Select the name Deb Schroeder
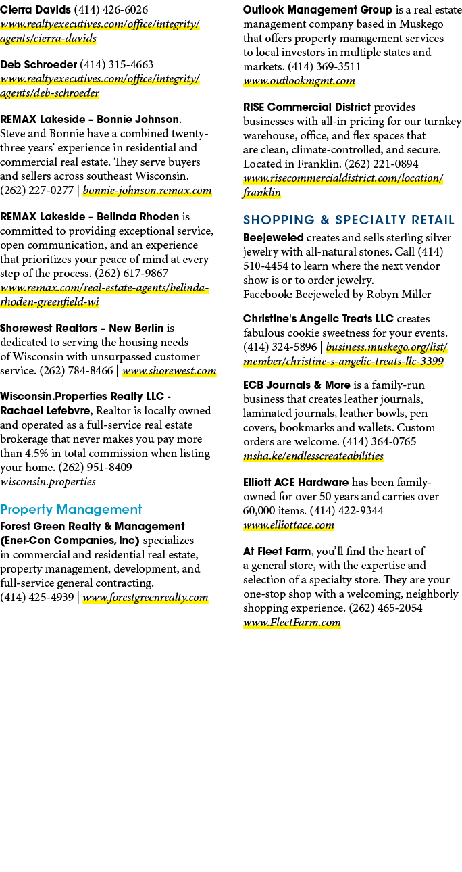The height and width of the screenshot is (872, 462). pyautogui.click(x=38, y=65)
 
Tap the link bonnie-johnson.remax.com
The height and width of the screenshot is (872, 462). pyautogui.click(x=147, y=191)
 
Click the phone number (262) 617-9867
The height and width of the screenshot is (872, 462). pyautogui.click(x=132, y=274)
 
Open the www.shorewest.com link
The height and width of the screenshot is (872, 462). pyautogui.click(x=169, y=371)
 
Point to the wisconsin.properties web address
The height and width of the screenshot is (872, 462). pyautogui.click(x=48, y=482)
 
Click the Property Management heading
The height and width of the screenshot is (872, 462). pyautogui.click(x=71, y=510)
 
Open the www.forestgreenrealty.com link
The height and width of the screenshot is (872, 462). pyautogui.click(x=145, y=598)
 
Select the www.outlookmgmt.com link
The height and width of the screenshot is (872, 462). pyautogui.click(x=299, y=81)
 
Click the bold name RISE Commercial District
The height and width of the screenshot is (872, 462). pyautogui.click(x=307, y=107)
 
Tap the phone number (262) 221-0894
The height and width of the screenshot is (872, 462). pyautogui.click(x=382, y=164)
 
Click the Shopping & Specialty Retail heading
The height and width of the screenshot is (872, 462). pyautogui.click(x=349, y=220)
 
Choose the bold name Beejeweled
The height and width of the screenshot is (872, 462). pyautogui.click(x=273, y=237)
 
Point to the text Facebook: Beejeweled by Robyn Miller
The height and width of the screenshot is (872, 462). pyautogui.click(x=337, y=295)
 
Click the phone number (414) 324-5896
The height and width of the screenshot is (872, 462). pyautogui.click(x=280, y=347)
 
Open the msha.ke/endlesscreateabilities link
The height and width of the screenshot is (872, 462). pyautogui.click(x=313, y=456)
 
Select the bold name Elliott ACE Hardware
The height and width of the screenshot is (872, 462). pyautogui.click(x=296, y=483)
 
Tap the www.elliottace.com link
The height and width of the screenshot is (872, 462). pyautogui.click(x=288, y=525)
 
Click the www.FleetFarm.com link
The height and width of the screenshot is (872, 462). pyautogui.click(x=292, y=623)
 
